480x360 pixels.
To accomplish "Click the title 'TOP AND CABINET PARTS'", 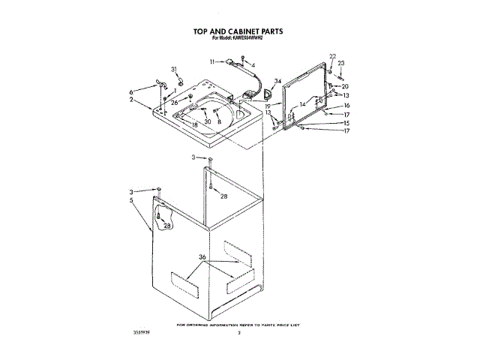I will coord(238,32).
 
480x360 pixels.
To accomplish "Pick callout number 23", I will coord(341,63).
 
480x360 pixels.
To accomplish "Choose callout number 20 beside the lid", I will coord(346,86).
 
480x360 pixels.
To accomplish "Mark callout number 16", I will coord(346,106).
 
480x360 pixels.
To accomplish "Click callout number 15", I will coord(346,122).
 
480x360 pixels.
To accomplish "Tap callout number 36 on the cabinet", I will coord(202,258).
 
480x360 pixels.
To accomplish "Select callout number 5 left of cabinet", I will coord(131,200).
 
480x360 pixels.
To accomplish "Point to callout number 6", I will coord(131,91).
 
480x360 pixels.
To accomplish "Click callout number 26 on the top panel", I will coord(175,102).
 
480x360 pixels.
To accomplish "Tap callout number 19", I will coord(268,107).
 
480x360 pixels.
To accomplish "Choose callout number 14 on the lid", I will coord(302,104).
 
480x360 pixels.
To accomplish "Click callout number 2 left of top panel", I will coord(131,99).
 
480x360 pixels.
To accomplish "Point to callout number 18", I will coord(194,124).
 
